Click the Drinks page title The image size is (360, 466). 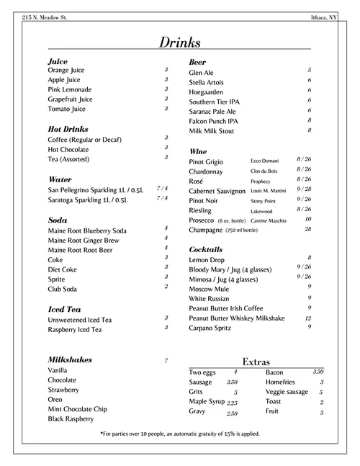point(180,42)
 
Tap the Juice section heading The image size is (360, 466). point(58,62)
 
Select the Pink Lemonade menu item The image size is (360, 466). point(71,89)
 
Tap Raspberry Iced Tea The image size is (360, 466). point(75,329)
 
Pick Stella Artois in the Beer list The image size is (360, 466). point(207,83)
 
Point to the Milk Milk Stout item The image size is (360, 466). point(212,131)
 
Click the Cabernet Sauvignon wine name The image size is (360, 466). point(218,191)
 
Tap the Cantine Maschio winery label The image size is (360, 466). point(269,220)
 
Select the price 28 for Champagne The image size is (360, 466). point(307,229)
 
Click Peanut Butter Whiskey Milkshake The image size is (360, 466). point(237,318)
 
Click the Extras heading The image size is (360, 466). point(257,361)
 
